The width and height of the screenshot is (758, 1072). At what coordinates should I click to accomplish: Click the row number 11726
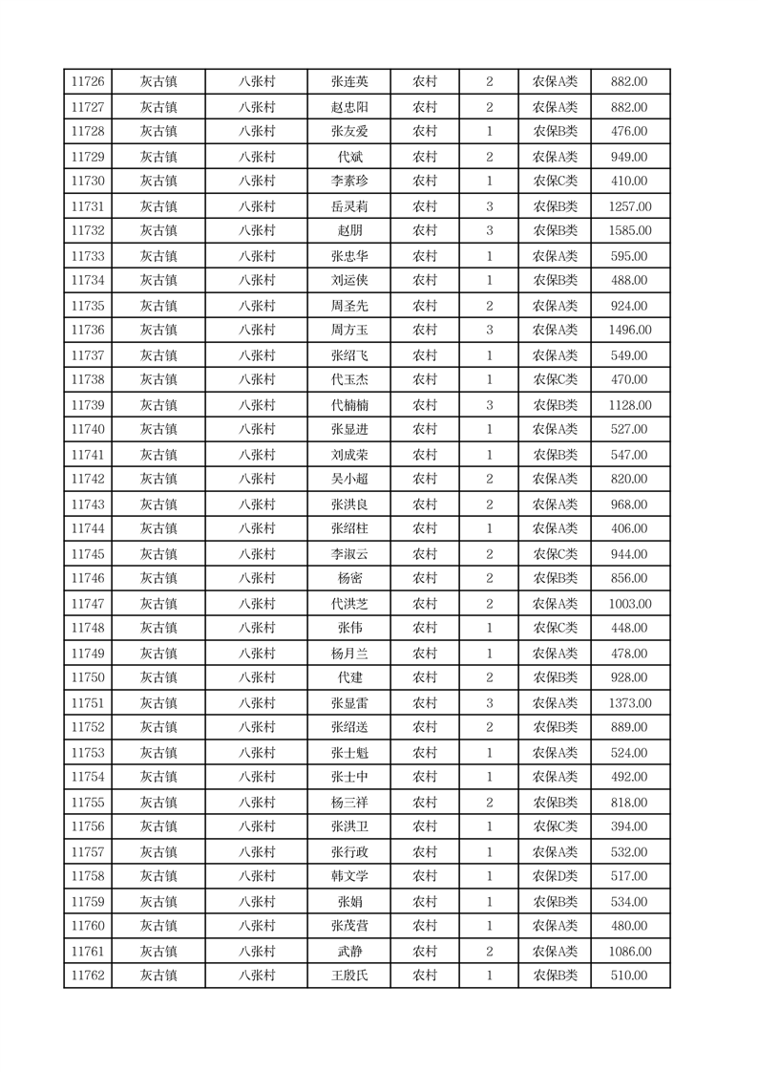click(88, 82)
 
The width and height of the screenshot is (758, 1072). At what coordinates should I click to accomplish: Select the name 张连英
click(348, 82)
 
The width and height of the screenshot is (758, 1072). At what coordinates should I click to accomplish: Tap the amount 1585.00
click(629, 230)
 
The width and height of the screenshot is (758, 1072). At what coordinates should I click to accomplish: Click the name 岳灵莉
click(348, 206)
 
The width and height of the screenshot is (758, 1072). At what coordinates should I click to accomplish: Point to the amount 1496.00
click(629, 331)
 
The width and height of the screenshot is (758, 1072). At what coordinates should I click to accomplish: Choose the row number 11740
click(88, 430)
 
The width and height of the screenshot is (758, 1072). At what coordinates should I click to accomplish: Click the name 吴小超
click(348, 480)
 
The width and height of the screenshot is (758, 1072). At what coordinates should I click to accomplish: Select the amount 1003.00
click(629, 604)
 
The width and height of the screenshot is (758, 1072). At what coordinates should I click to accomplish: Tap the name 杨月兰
click(348, 654)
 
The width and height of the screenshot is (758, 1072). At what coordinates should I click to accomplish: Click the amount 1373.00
click(629, 703)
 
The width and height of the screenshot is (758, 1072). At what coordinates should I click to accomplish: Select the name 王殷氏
click(348, 976)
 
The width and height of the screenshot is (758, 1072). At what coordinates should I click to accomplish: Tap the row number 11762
click(88, 976)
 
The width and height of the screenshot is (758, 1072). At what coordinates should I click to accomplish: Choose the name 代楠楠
click(348, 405)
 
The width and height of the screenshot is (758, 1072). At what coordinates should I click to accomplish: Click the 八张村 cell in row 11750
click(257, 678)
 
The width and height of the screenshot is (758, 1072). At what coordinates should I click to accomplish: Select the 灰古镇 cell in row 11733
click(158, 256)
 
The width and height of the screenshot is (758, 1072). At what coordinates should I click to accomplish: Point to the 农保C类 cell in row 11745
click(555, 554)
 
